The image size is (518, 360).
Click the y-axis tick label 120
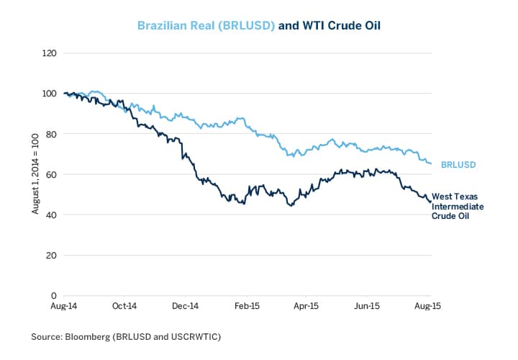click(50, 53)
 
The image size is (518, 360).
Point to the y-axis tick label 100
click(50, 94)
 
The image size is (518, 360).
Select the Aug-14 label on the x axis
click(63, 306)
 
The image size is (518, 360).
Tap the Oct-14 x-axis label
click(124, 306)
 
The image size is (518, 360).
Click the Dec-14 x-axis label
click(185, 306)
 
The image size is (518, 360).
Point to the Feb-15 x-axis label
click(247, 306)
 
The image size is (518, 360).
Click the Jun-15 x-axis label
click(368, 306)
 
